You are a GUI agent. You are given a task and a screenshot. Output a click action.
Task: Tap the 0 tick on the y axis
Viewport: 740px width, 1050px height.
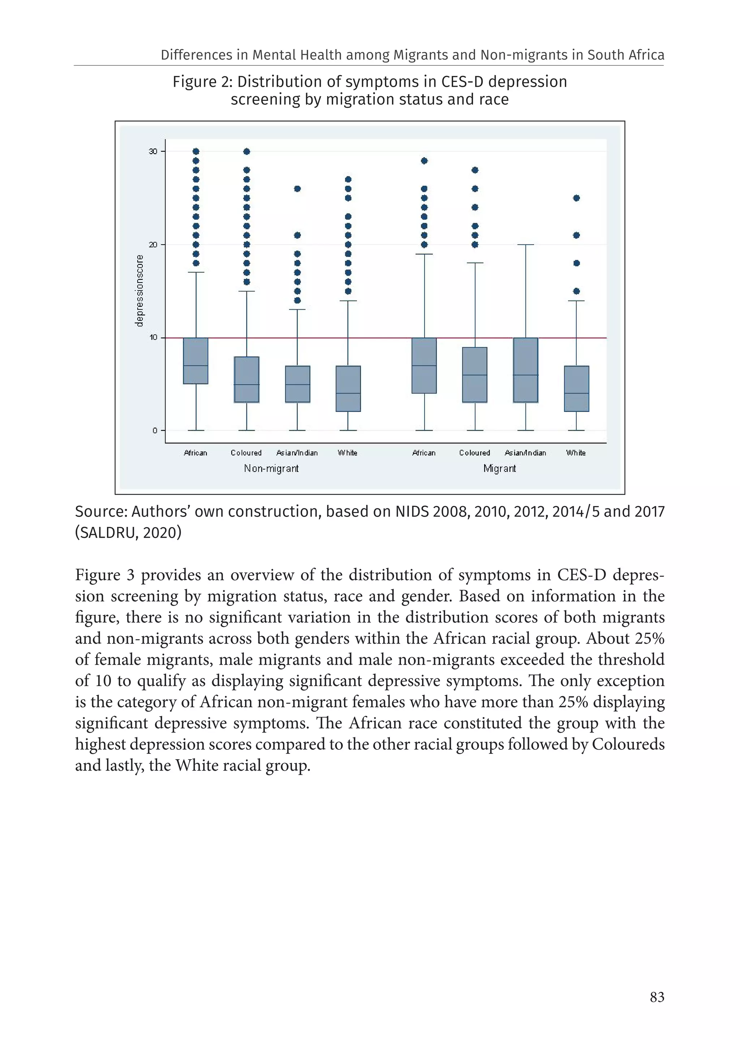(x=155, y=430)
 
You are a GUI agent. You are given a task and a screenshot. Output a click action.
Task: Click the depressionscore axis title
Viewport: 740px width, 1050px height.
(x=139, y=291)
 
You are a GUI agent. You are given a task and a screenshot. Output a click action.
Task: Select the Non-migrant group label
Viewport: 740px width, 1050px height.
(x=271, y=468)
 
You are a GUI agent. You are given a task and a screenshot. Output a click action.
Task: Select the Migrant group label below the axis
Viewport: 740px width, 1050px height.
(x=499, y=468)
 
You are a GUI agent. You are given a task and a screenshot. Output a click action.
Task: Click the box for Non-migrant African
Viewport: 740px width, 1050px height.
(x=196, y=361)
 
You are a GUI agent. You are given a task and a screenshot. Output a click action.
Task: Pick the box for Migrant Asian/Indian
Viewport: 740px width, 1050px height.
(x=525, y=370)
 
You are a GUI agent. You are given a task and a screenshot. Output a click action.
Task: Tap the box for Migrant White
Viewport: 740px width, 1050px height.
(x=576, y=388)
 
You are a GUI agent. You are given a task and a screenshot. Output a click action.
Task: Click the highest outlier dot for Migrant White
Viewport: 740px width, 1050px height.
(x=576, y=198)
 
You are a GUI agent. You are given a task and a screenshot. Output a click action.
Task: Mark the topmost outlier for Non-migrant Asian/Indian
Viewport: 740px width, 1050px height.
(x=297, y=188)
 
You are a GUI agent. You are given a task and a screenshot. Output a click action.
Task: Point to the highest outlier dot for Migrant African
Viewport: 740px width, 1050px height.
(x=424, y=160)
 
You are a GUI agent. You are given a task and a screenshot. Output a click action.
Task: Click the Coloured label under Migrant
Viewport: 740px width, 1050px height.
(x=475, y=453)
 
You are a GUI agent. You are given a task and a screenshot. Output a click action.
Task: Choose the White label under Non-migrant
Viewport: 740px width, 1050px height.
(x=348, y=453)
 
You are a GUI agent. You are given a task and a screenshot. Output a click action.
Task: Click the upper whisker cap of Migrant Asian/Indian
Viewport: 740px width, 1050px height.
(x=525, y=245)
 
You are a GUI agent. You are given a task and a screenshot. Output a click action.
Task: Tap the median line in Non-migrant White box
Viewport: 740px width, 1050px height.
(x=348, y=393)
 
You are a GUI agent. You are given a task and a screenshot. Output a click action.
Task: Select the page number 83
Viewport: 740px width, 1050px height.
(x=657, y=997)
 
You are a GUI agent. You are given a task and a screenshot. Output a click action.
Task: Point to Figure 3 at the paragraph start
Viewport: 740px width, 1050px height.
(x=105, y=575)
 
